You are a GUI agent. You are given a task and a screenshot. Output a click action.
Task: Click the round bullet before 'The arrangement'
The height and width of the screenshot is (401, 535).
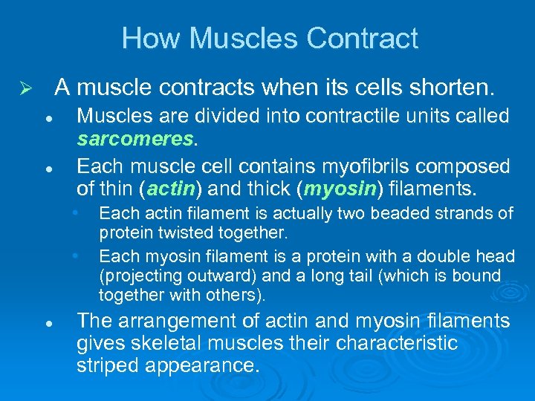coord(47,324)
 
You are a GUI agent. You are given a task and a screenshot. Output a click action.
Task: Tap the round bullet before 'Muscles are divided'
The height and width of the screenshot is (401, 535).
coord(47,119)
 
